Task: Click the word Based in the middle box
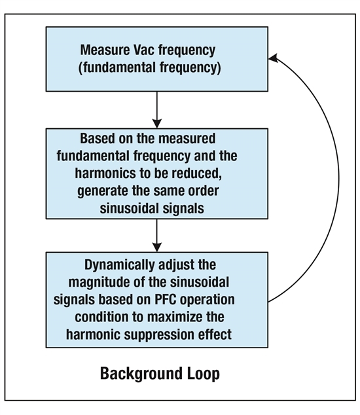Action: tap(98, 138)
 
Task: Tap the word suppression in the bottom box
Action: tap(159, 334)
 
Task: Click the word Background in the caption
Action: tap(141, 374)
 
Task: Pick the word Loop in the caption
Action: tap(204, 374)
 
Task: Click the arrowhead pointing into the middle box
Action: tap(157, 124)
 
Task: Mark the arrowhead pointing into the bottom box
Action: tap(157, 247)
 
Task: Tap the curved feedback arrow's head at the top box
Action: tap(273, 58)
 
